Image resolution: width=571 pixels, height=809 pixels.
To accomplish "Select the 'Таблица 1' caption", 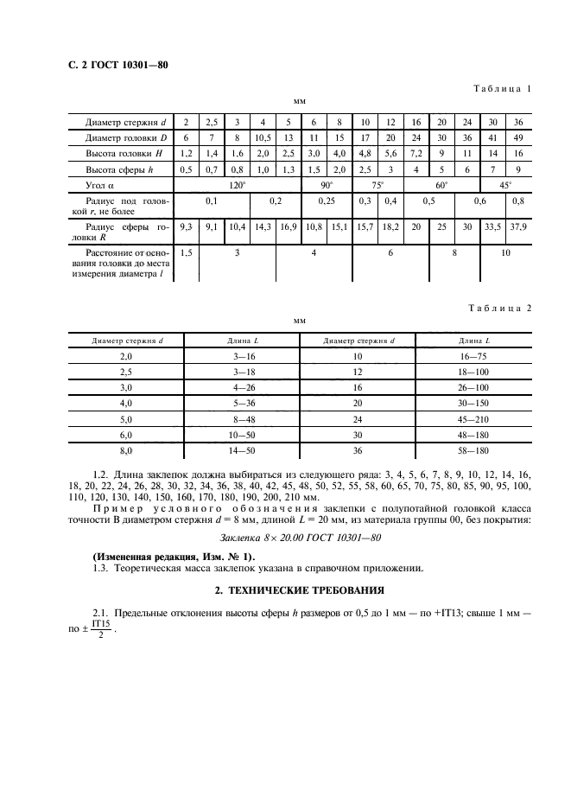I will click(x=505, y=88).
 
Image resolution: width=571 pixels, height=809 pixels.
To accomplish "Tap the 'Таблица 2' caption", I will click(x=504, y=307).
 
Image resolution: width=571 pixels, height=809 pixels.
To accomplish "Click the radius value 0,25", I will click(x=326, y=201).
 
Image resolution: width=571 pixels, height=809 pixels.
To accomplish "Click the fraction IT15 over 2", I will click(x=101, y=628).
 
